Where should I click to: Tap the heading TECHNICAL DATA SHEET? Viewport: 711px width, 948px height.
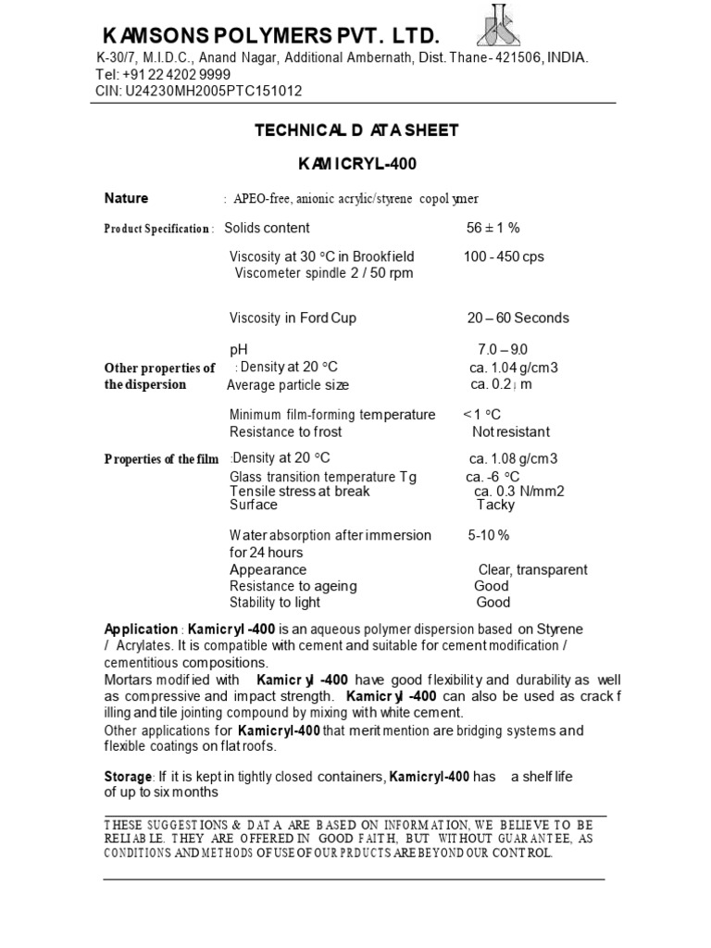356,131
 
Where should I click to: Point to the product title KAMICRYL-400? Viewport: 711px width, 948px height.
357,165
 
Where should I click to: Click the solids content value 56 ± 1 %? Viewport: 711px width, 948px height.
493,228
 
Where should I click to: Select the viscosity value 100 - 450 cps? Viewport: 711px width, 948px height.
504,256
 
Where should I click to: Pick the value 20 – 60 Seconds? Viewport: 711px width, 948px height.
518,318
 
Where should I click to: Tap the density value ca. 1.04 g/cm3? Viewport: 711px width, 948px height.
514,368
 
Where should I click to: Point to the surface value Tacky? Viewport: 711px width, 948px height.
494,505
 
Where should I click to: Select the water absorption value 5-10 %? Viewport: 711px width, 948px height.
489,535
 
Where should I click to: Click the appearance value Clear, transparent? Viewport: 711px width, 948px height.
532,569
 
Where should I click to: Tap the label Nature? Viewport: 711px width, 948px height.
126,198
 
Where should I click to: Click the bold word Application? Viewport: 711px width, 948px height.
141,629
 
